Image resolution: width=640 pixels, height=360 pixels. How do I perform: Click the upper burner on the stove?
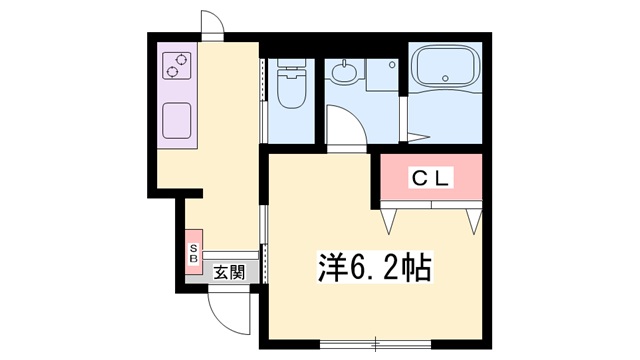pos(181,59)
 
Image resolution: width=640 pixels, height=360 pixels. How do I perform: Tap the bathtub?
pos(446,68)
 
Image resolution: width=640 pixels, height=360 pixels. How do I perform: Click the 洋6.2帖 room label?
pos(375,268)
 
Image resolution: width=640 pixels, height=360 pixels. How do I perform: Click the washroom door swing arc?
pos(343,126)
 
